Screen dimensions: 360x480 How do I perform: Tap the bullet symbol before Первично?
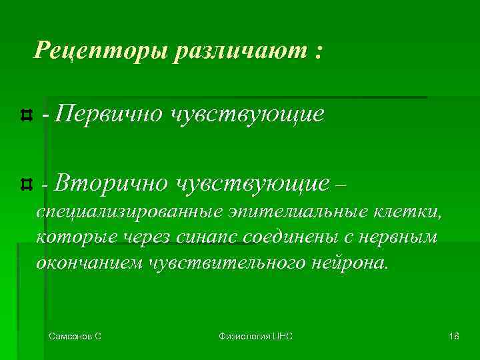pos(26,115)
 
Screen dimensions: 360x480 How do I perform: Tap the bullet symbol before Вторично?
pos(26,182)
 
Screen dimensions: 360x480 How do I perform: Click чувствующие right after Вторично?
pos(253,181)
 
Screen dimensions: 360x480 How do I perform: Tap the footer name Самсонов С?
pos(75,337)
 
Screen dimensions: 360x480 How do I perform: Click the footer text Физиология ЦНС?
pos(255,337)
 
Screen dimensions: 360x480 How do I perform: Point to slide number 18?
pos(454,337)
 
